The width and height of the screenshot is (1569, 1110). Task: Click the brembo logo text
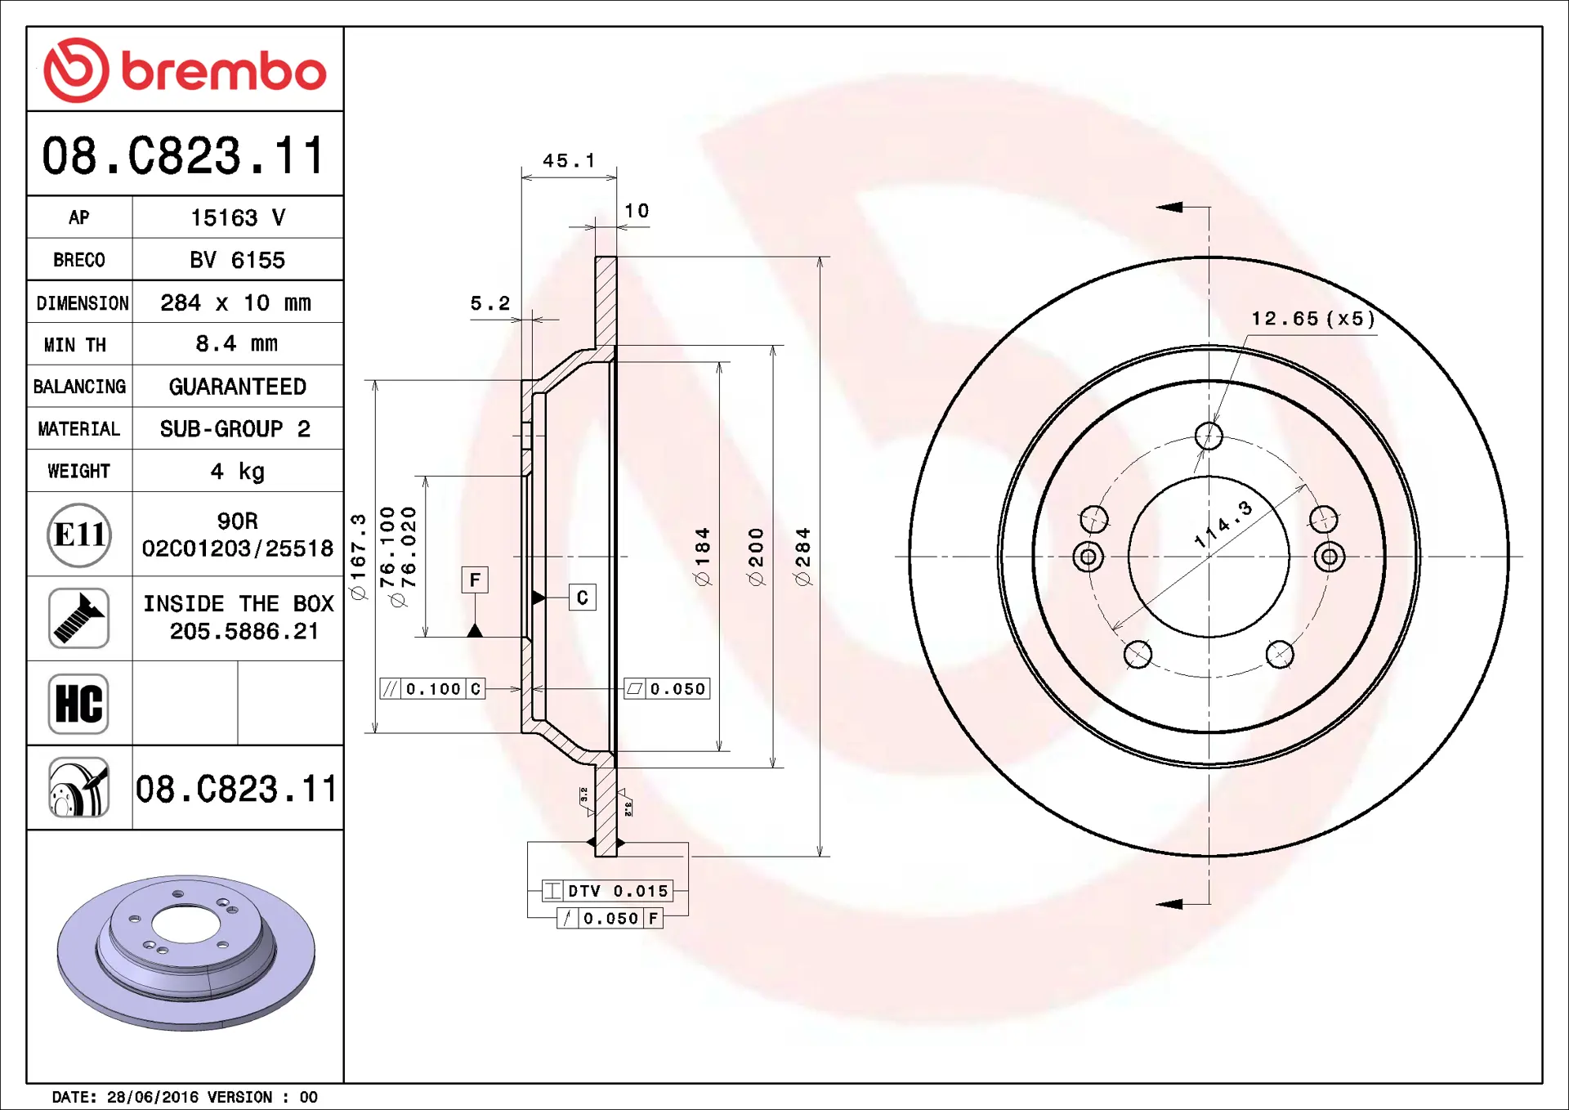[x=224, y=71]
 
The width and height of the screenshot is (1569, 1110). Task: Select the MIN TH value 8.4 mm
[x=237, y=343]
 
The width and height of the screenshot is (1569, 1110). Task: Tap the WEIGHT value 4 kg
[x=237, y=471]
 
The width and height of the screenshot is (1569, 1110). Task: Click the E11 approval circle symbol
[x=78, y=535]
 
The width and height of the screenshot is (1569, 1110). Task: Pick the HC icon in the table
[x=78, y=704]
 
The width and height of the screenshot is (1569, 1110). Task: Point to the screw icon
[x=78, y=619]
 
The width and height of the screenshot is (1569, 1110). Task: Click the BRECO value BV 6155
[x=237, y=260]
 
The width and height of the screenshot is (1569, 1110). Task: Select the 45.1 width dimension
[x=569, y=160]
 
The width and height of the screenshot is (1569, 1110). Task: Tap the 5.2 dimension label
[x=489, y=303]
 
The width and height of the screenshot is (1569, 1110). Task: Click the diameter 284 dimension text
[x=802, y=557]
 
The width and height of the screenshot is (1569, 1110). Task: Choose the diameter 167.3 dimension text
[x=358, y=557]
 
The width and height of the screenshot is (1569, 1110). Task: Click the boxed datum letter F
[x=475, y=580]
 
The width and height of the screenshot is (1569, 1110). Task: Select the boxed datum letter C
[x=583, y=598]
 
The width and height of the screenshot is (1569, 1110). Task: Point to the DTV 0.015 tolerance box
[x=607, y=890]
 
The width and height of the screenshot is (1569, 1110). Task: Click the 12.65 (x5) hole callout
[x=1313, y=319]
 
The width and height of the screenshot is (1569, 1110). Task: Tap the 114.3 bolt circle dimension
[x=1223, y=525]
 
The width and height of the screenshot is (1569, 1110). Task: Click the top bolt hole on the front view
[x=1209, y=436]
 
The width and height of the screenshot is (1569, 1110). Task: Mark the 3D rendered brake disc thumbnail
[x=186, y=953]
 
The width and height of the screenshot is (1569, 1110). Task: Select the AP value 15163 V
[x=238, y=217]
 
